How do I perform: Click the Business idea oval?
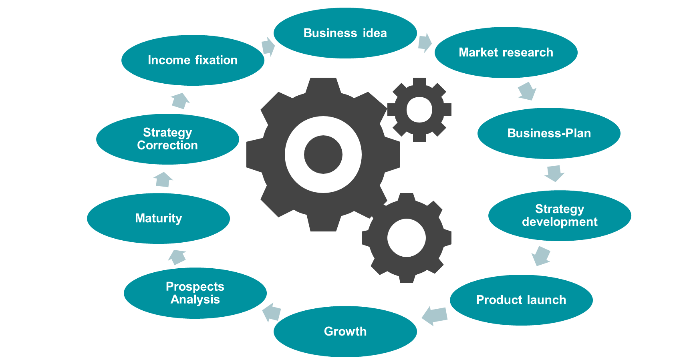345,33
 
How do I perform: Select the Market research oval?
506,52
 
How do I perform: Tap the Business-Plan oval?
549,133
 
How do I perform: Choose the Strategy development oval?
560,215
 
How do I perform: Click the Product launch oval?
521,300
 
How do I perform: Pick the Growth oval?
345,332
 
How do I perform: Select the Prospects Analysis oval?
195,293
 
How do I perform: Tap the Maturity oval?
158,218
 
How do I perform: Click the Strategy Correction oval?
167,139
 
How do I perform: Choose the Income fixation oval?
193,60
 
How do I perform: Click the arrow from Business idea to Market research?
425,42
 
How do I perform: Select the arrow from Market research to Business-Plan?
527,91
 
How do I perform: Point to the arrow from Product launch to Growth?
435,316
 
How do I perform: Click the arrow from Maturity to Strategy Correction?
163,179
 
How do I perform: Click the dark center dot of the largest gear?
323,155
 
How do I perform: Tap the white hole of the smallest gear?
419,109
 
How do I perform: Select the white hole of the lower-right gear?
406,238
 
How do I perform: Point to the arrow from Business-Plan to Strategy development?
554,173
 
